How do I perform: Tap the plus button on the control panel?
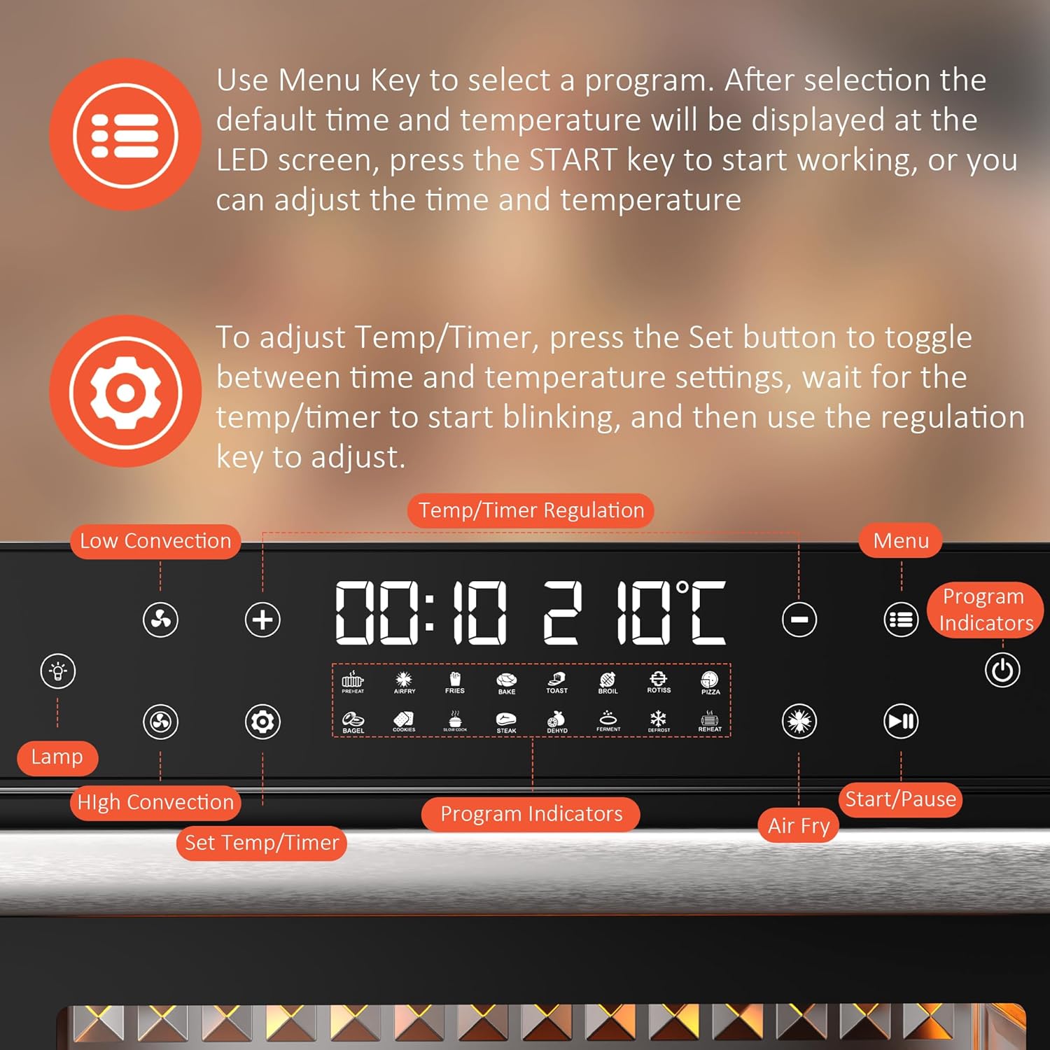pos(262,619)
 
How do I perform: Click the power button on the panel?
pos(1002,671)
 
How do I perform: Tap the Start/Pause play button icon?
pos(901,721)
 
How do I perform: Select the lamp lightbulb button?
pos(58,671)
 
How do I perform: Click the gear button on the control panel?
pos(262,722)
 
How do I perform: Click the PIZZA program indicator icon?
pos(710,681)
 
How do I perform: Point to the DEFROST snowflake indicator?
pos(659,720)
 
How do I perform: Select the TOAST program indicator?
pos(557,682)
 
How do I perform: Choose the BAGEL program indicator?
pos(353,722)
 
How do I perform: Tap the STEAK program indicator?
pos(506,722)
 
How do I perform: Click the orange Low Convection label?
pos(155,541)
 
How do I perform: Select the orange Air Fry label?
pos(799,825)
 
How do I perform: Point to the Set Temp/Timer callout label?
pos(262,842)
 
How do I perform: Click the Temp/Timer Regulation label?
pos(531,510)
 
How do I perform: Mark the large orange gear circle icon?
pos(125,391)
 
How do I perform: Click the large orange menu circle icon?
pos(125,134)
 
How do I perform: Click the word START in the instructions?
pos(573,160)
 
